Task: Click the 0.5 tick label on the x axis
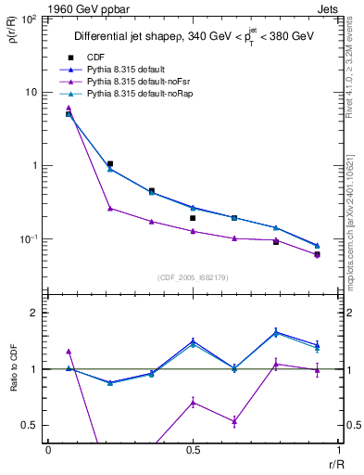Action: pyautogui.click(x=192, y=450)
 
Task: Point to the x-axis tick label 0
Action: pyautogui.click(x=48, y=450)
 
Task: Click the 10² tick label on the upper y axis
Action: pyautogui.click(x=29, y=19)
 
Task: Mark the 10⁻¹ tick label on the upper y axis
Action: pyautogui.click(x=28, y=239)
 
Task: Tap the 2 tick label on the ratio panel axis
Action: pyautogui.click(x=35, y=313)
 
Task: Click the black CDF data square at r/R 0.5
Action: pyautogui.click(x=193, y=218)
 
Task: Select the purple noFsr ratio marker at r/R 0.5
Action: pyautogui.click(x=193, y=402)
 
